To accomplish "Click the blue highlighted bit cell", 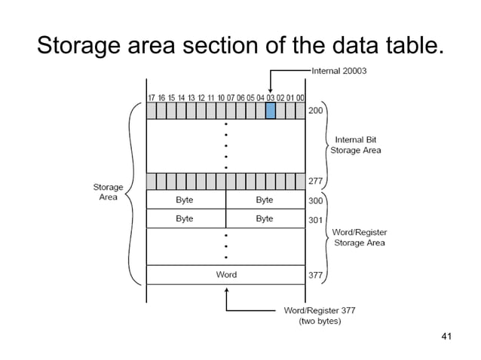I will [x=271, y=111].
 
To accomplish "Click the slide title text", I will [x=240, y=46].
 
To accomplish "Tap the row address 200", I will [x=316, y=110].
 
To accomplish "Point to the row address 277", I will [x=316, y=181].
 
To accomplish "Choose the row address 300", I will [x=316, y=200].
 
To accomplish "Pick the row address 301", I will [x=316, y=219].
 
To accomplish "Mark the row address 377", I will [x=316, y=275].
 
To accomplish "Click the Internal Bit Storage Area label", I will [x=356, y=145].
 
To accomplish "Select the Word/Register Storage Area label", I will [x=359, y=238].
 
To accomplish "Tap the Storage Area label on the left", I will [x=108, y=192].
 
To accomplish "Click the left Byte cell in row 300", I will [x=185, y=200].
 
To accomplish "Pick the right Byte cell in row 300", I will [x=264, y=200].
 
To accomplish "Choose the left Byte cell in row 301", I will [x=185, y=218].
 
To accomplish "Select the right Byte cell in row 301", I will [x=264, y=218].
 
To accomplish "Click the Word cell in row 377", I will [x=226, y=275].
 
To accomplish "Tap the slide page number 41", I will [x=444, y=335].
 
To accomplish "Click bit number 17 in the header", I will [x=151, y=97].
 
